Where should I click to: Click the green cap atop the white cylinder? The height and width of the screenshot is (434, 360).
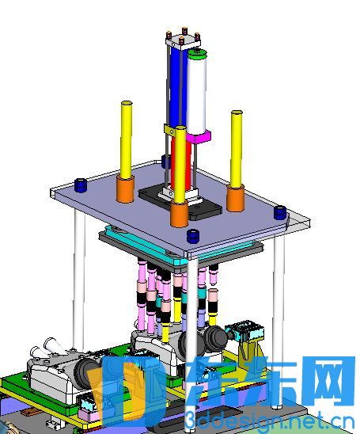click(x=197, y=54)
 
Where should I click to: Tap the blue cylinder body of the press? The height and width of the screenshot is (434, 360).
click(x=175, y=85)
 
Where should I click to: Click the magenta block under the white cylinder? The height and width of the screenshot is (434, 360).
click(x=199, y=137)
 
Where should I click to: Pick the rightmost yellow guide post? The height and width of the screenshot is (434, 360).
click(x=237, y=149)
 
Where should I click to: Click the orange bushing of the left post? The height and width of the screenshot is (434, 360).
click(x=125, y=188)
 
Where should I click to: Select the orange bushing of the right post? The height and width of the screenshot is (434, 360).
click(x=235, y=198)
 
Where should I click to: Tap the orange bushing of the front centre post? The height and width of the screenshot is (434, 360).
click(x=179, y=213)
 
